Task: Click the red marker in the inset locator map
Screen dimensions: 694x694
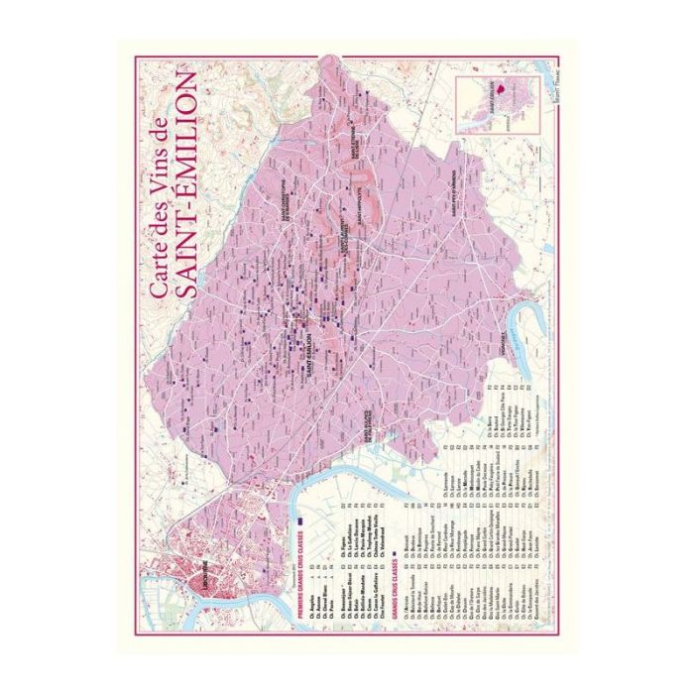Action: click(x=502, y=87)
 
